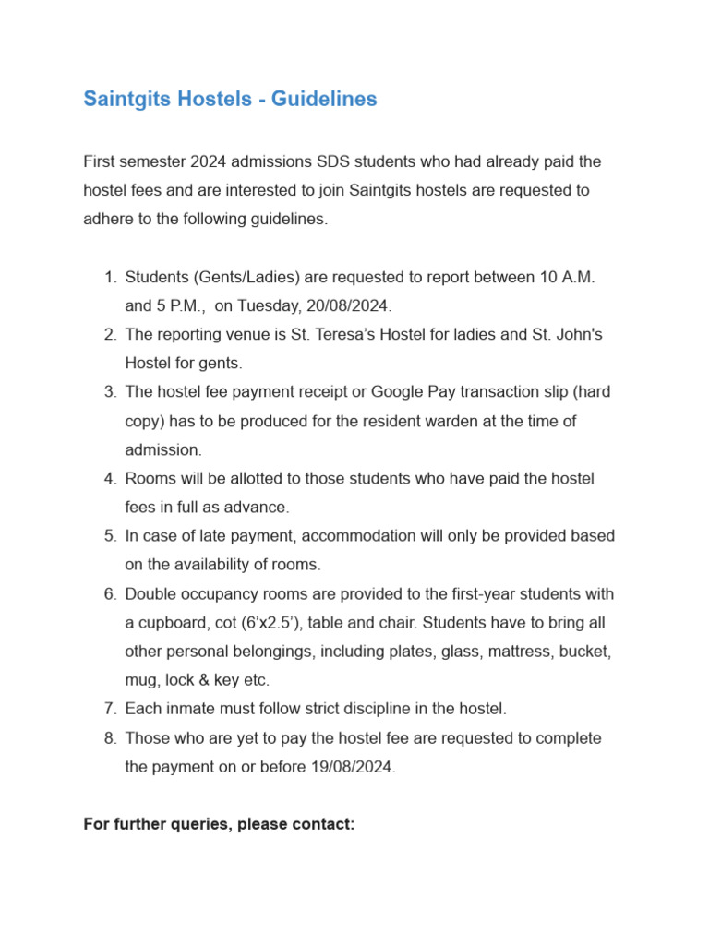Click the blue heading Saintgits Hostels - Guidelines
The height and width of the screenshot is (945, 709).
pyautogui.click(x=230, y=99)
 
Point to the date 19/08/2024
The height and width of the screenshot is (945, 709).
pyautogui.click(x=353, y=768)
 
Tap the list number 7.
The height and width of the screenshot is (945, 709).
pyautogui.click(x=109, y=709)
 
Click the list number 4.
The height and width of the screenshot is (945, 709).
pyautogui.click(x=109, y=478)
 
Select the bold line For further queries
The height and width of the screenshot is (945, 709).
pyautogui.click(x=219, y=824)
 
